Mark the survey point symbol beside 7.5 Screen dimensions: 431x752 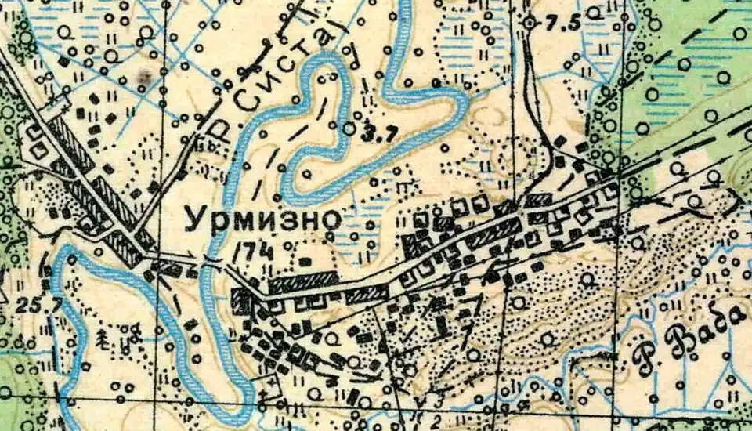(x=530, y=24)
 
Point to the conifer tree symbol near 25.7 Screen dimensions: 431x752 (x=102, y=338)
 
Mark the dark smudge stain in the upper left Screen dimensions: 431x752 (x=143, y=76)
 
